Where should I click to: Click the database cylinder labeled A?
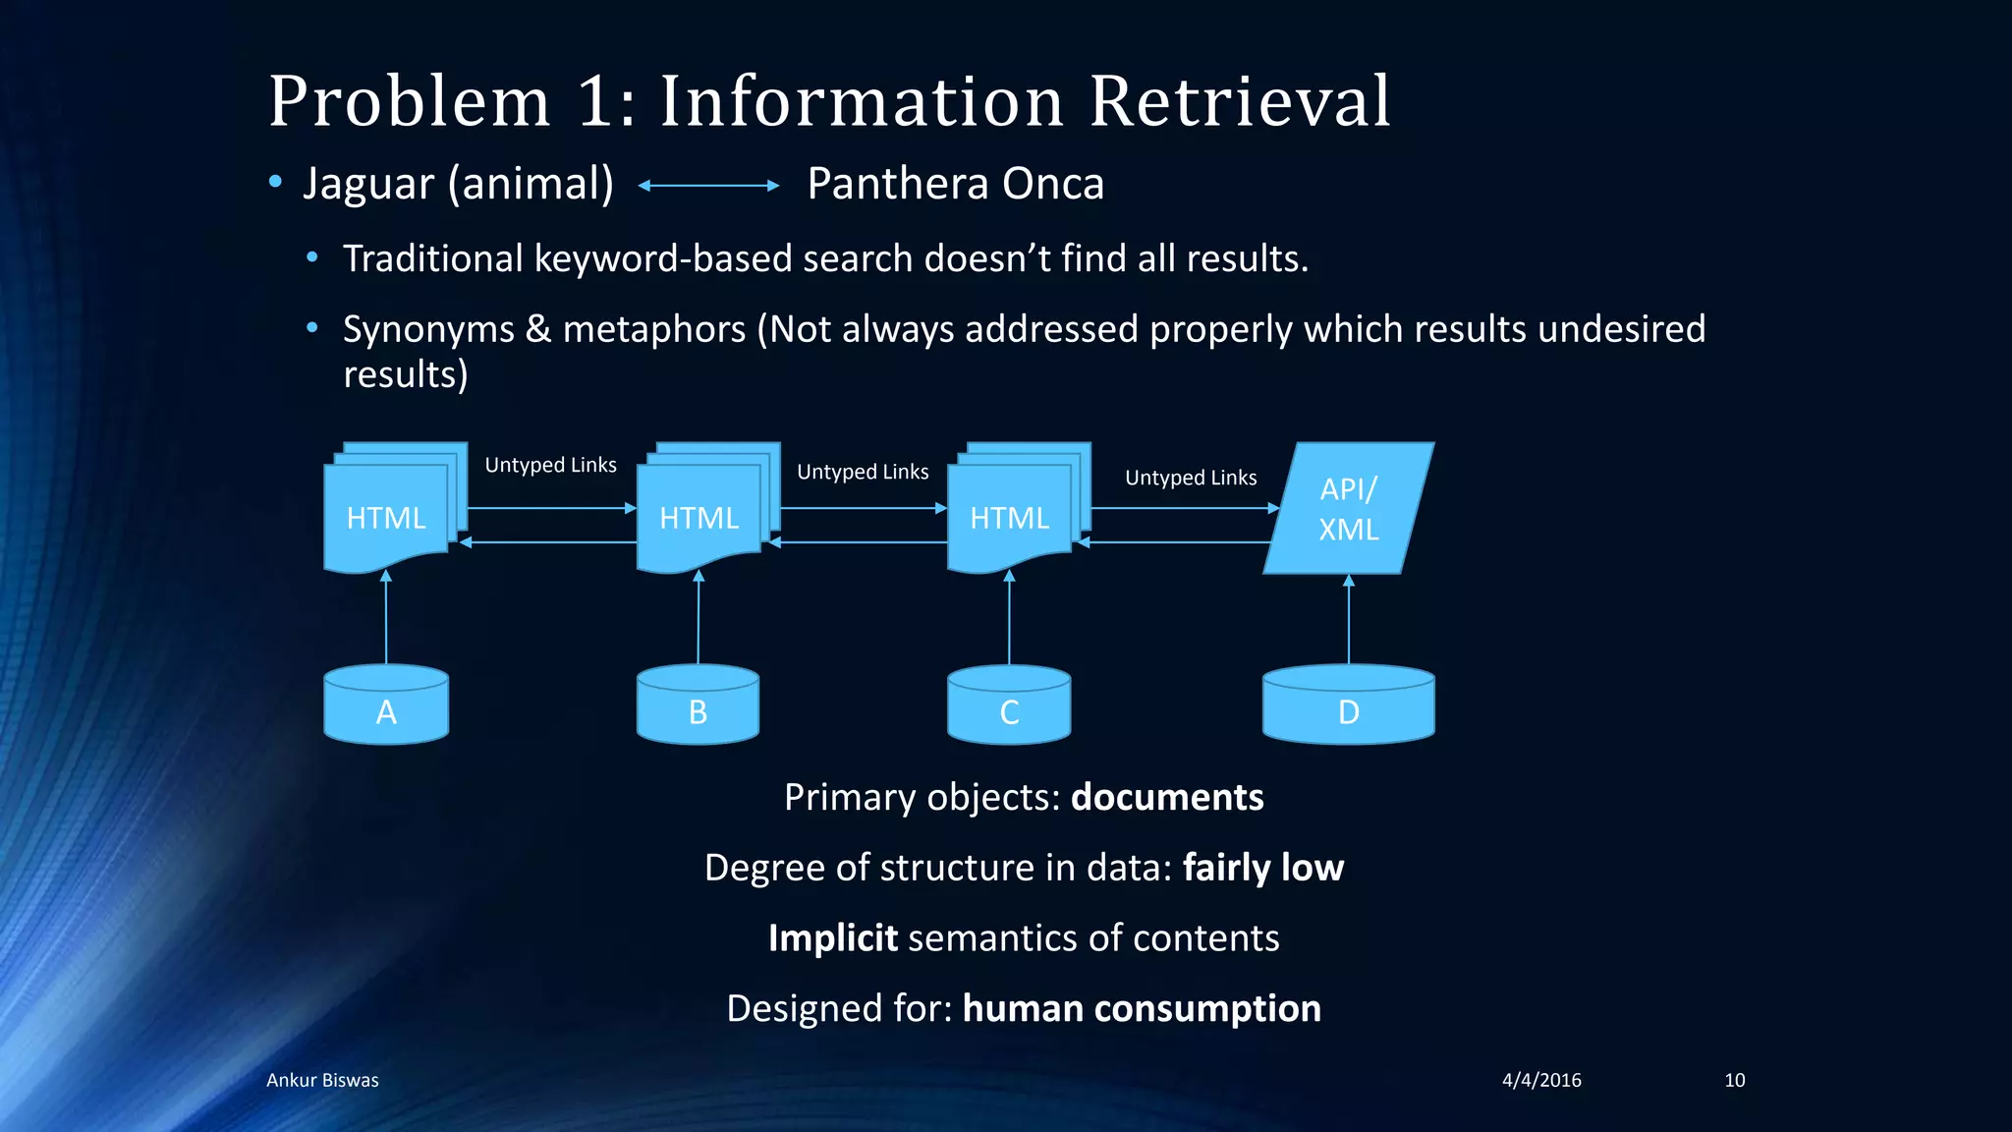(386, 705)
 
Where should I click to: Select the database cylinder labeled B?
(698, 705)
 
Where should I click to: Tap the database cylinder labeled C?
(1009, 705)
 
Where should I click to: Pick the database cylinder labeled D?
(1348, 705)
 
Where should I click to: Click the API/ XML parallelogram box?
(1348, 509)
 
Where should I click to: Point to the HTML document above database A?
(386, 517)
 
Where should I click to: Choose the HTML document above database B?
(699, 517)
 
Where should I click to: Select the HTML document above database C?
(1009, 517)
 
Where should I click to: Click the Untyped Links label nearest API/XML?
(1191, 478)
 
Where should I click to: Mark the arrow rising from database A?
(386, 619)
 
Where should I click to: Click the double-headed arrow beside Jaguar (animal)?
(708, 185)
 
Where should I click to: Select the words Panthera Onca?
(955, 184)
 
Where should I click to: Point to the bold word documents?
(1167, 797)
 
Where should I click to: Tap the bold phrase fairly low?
(1263, 868)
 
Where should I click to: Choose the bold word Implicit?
(833, 938)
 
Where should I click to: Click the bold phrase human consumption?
(1142, 1008)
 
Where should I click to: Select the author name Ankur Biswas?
(322, 1080)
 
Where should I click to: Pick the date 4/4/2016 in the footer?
(1541, 1080)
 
